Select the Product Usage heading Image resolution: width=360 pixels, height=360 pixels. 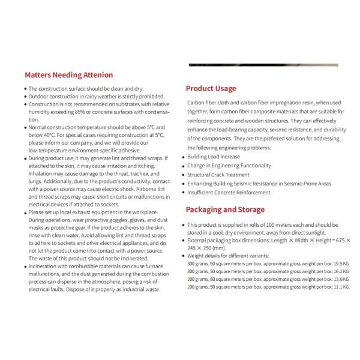click(x=211, y=88)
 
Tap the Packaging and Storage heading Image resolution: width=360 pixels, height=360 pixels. click(x=224, y=209)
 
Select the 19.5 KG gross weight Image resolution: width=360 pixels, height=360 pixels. click(x=339, y=263)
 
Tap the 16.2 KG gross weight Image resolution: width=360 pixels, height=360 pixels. click(x=339, y=271)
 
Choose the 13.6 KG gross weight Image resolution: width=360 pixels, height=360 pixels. click(x=339, y=279)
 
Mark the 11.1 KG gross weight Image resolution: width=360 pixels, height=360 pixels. click(x=339, y=287)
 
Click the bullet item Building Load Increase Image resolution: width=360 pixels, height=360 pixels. click(x=213, y=157)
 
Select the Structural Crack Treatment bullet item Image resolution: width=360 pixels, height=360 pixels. click(x=217, y=175)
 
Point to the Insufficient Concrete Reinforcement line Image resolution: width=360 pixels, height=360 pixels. click(x=228, y=193)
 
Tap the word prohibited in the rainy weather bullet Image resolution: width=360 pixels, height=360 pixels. click(x=148, y=97)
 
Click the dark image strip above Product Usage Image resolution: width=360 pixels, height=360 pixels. click(x=263, y=65)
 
